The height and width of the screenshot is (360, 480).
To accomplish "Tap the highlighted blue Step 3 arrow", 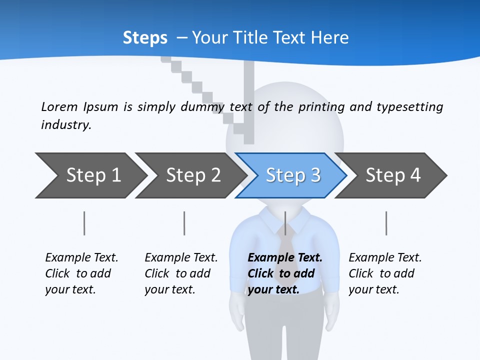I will coord(292,175).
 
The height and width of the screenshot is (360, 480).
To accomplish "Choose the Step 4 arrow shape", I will coord(392,175).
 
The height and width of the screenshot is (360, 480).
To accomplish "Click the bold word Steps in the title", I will coord(145,38).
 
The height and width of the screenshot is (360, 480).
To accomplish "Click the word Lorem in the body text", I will coord(59,106).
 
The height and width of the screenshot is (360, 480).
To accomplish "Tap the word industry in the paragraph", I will coord(65,124).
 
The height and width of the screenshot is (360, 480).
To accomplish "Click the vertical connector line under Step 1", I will coord(84,223).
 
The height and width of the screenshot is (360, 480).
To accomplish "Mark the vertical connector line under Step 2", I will coord(184,223).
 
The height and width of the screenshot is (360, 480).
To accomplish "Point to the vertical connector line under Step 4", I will coord(386,223).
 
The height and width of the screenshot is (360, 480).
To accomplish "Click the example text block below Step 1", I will coord(81,273).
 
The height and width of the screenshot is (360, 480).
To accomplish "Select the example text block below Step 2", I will coord(181,273).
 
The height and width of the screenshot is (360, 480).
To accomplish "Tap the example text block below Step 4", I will coord(385,273).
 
